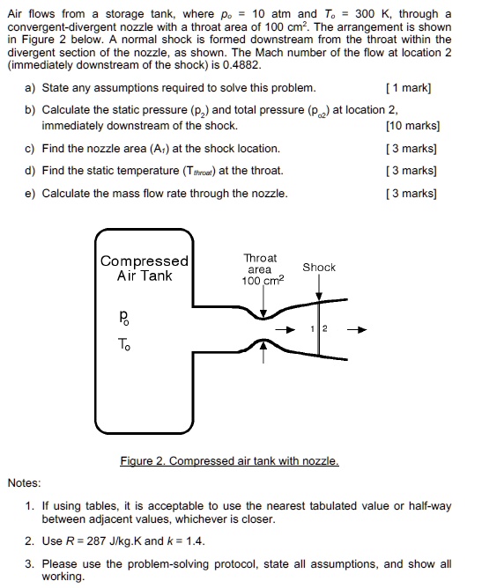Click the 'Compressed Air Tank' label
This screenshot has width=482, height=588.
click(x=144, y=268)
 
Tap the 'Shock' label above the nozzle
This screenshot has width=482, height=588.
click(x=319, y=267)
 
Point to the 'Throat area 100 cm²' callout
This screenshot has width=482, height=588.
click(x=260, y=269)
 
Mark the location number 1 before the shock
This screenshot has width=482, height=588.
click(x=312, y=329)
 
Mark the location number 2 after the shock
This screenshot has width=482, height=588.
click(x=323, y=329)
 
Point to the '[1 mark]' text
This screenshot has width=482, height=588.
click(x=413, y=89)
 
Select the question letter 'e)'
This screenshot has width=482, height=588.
click(x=32, y=194)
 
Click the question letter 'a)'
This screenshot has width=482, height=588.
click(x=32, y=89)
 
